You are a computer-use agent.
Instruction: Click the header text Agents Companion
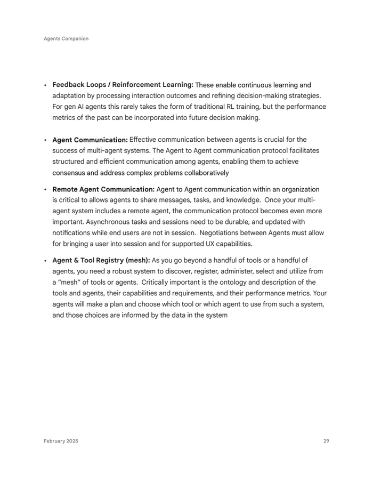click(x=66, y=38)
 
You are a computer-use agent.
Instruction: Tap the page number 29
click(x=326, y=441)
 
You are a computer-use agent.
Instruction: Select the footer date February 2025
click(x=61, y=441)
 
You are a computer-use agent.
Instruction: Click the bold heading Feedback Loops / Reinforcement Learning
click(x=123, y=85)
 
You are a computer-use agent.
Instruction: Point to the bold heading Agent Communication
click(x=90, y=140)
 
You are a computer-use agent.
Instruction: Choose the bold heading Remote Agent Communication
click(x=103, y=189)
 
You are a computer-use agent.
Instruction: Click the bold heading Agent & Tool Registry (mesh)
click(x=101, y=260)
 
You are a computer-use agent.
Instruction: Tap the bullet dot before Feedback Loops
click(x=45, y=85)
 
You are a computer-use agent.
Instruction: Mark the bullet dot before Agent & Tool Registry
click(x=45, y=261)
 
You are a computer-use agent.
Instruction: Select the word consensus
click(x=68, y=173)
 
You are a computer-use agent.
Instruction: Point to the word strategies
click(x=304, y=95)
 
